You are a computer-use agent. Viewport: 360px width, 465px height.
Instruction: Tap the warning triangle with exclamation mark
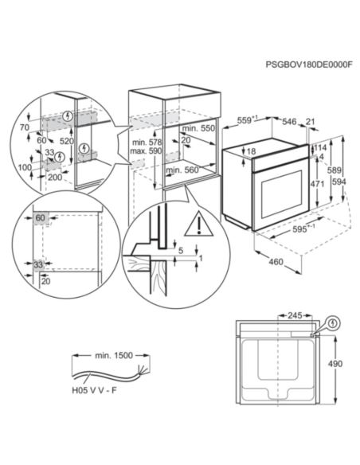point(195,226)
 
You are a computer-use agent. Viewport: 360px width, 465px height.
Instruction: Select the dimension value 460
point(274,262)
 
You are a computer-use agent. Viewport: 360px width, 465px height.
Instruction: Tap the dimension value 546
point(289,121)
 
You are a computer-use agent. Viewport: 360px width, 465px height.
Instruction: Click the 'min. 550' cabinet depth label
point(199,128)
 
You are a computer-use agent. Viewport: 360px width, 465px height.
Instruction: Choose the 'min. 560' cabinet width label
point(182,170)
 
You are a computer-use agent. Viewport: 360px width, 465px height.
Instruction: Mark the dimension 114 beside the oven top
point(322,147)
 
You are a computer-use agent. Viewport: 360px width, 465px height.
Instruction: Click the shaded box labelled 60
point(40,217)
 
